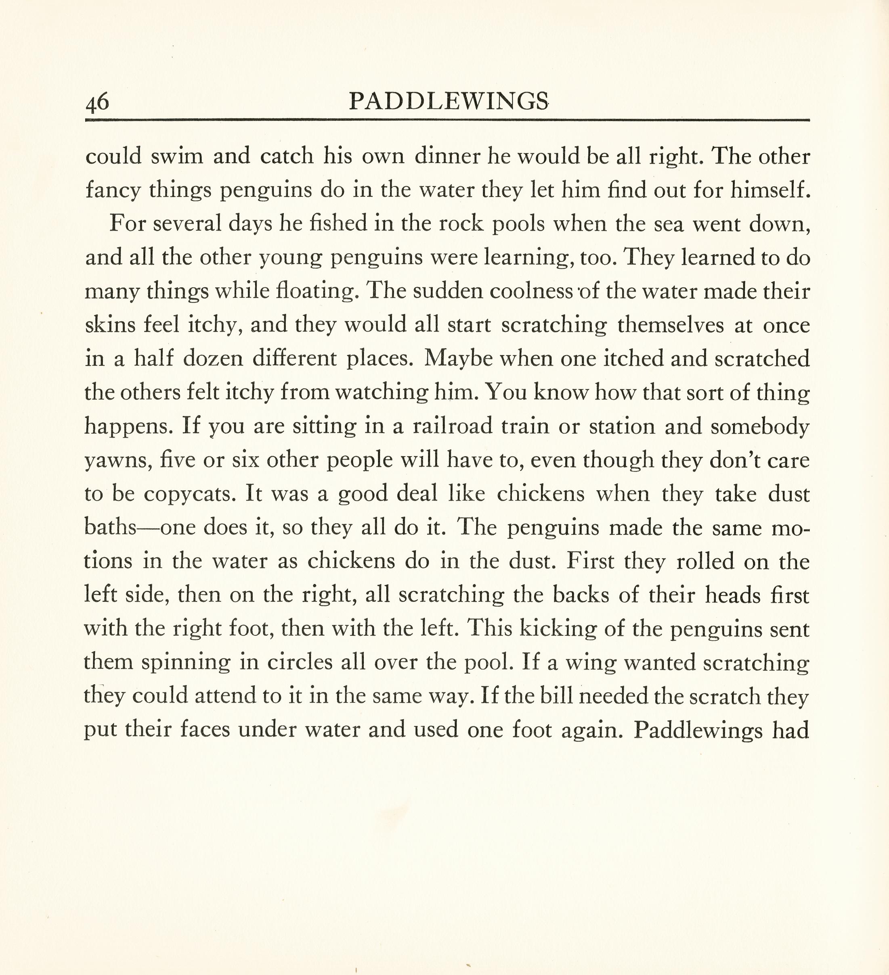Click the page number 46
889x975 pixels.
click(x=97, y=102)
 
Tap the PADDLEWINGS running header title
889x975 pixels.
click(x=448, y=101)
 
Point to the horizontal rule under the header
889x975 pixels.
click(x=447, y=120)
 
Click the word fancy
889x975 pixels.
click(x=113, y=190)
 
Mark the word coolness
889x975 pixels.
click(x=531, y=291)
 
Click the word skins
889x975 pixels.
click(x=110, y=325)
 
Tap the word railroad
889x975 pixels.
click(x=453, y=426)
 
